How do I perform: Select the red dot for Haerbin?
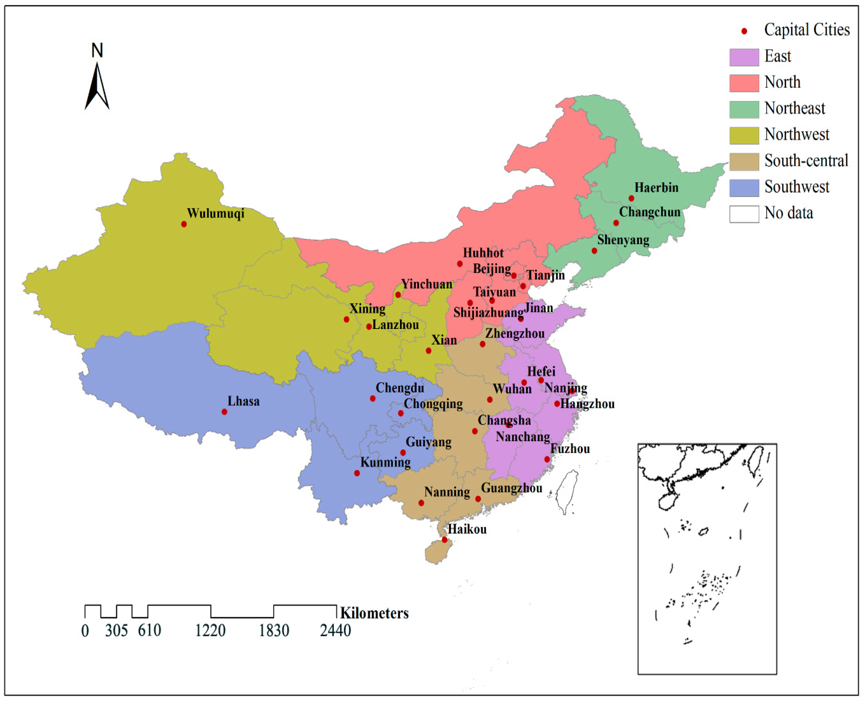tap(631, 198)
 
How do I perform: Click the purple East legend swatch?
tap(744, 57)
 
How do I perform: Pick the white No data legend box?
tap(744, 214)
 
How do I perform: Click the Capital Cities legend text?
tap(806, 30)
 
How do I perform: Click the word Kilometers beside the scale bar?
tap(374, 613)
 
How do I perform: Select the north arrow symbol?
tap(97, 87)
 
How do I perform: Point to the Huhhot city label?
tap(483, 253)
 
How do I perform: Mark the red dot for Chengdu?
tap(373, 399)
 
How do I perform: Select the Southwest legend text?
tap(796, 187)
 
